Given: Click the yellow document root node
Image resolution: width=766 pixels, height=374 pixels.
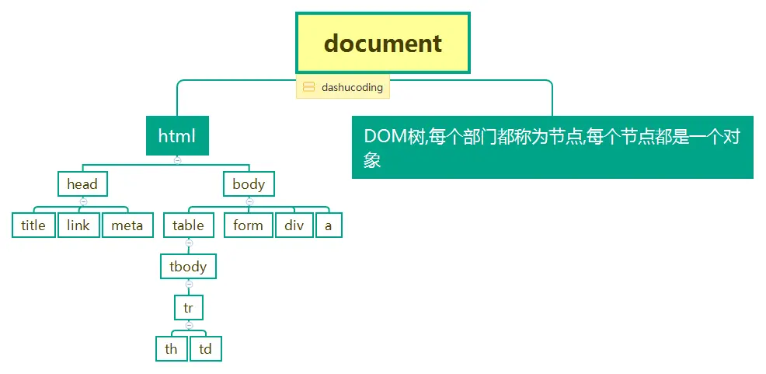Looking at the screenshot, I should click(383, 43).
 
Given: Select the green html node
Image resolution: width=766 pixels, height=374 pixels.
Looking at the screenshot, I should click(177, 136).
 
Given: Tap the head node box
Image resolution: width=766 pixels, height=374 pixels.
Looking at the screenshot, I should click(82, 184).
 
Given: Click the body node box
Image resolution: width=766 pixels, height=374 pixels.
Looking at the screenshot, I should click(249, 184).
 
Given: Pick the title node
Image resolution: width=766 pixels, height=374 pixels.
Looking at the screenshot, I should click(33, 225).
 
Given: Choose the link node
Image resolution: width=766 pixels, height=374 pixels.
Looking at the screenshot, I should click(78, 225).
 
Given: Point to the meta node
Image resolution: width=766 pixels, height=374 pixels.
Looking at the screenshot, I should click(127, 225).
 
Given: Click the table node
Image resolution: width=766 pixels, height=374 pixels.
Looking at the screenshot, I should click(189, 225).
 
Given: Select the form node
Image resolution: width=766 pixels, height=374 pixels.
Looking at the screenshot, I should click(249, 225).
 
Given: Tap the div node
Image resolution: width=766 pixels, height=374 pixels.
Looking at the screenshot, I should click(294, 225).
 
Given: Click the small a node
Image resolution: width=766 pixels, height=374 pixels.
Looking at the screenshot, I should click(329, 225).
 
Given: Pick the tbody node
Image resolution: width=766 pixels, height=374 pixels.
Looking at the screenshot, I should click(189, 267).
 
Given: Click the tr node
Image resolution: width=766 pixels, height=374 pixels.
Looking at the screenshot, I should click(189, 308).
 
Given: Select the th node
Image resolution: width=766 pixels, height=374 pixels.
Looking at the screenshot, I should click(171, 349).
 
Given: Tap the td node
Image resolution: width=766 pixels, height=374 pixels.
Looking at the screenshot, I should click(206, 349).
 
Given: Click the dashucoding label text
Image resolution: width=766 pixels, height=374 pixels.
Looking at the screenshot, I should click(352, 88).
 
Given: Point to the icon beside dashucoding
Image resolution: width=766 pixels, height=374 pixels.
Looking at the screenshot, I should click(308, 88).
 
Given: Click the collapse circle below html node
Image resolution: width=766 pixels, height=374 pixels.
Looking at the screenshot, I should click(177, 160).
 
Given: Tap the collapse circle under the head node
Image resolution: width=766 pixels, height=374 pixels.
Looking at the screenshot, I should click(83, 201).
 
